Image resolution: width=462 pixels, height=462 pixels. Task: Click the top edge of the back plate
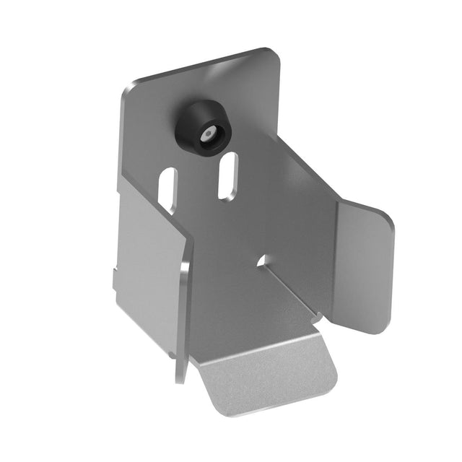202,69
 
